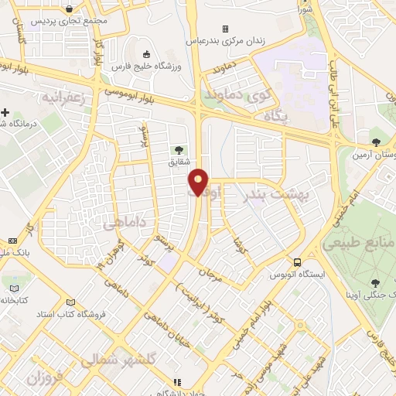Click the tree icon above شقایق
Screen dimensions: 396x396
pos(179,149)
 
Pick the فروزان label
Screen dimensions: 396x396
pos(45,377)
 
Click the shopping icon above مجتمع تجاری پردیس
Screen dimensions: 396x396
pos(70,9)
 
